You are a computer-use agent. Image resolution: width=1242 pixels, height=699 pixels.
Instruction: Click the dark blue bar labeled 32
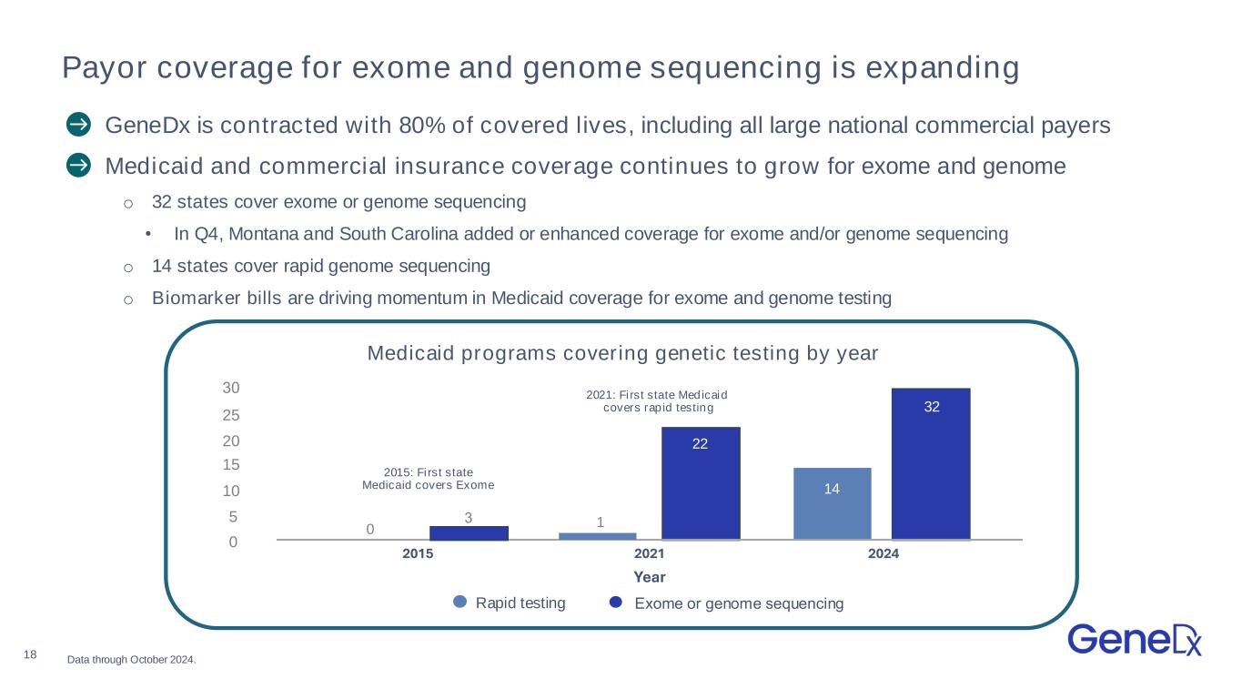930,463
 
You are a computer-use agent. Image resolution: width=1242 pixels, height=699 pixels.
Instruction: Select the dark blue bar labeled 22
700,482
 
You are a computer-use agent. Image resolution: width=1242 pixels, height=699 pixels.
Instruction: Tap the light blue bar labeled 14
832,502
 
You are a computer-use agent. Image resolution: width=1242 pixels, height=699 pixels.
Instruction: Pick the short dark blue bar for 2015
469,532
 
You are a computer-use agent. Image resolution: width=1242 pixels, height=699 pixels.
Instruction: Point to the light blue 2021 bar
597,535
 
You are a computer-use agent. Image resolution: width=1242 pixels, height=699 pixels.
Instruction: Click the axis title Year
650,577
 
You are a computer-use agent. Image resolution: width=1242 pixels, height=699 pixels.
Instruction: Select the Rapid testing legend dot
460,602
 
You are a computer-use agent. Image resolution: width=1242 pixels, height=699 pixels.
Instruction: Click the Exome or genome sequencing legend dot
616,602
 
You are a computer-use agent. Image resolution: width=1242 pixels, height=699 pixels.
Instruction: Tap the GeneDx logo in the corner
1135,639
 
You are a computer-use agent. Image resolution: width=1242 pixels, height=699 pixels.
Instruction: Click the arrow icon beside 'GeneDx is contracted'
78,124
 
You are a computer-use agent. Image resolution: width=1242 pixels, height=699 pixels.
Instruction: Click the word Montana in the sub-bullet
260,234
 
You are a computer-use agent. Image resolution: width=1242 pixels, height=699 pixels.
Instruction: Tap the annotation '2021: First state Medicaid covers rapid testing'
658,401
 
